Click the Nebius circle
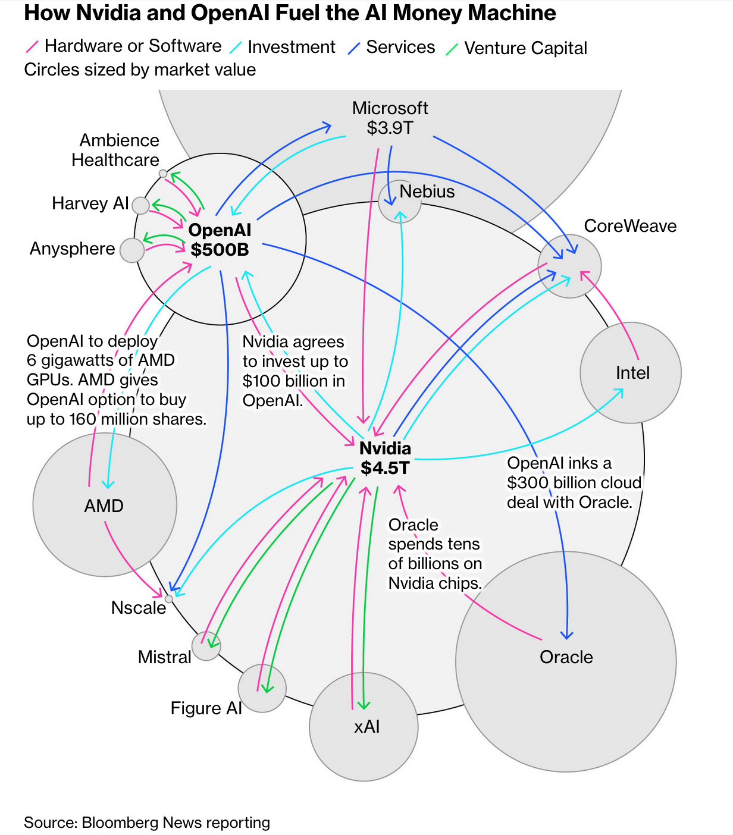400,202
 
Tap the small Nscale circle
169,599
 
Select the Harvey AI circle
141,206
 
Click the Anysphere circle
132,250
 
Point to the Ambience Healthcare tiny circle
163,174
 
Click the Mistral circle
206,646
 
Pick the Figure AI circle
262,688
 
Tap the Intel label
632,373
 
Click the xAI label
366,726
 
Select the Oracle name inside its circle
566,657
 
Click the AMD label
104,506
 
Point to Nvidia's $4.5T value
385,468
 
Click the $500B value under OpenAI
220,249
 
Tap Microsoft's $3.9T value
390,128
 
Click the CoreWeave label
630,226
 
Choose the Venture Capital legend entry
525,48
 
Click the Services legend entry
400,47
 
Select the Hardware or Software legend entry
133,46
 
